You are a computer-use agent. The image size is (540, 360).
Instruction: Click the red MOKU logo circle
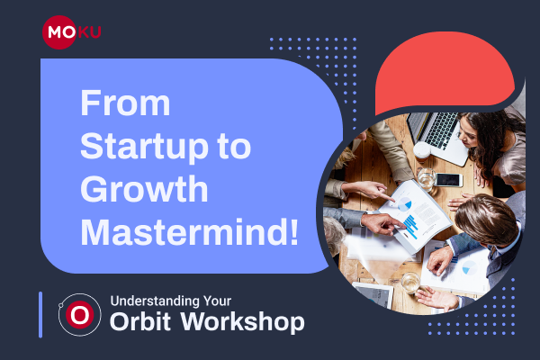pos(58,33)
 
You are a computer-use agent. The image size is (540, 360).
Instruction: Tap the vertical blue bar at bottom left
pos(40,314)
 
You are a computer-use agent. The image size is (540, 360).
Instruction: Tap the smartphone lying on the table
pos(446,180)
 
